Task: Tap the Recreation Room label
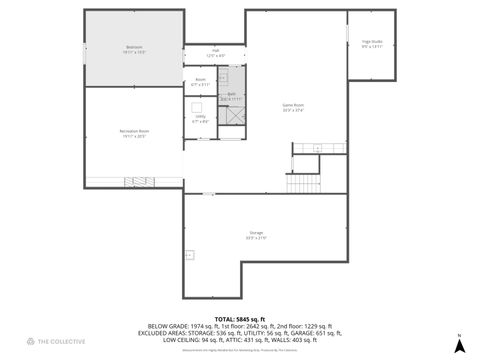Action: pyautogui.click(x=135, y=132)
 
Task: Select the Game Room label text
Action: pyautogui.click(x=293, y=106)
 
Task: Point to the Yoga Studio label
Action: pyautogui.click(x=372, y=43)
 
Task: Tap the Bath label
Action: pyautogui.click(x=231, y=97)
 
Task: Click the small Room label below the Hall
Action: pyautogui.click(x=200, y=81)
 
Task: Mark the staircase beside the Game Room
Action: pyautogui.click(x=302, y=183)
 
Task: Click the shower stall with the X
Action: pyautogui.click(x=232, y=114)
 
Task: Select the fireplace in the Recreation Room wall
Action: pyautogui.click(x=135, y=181)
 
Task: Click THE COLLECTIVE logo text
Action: pyautogui.click(x=57, y=343)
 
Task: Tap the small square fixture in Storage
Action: pyautogui.click(x=188, y=255)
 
